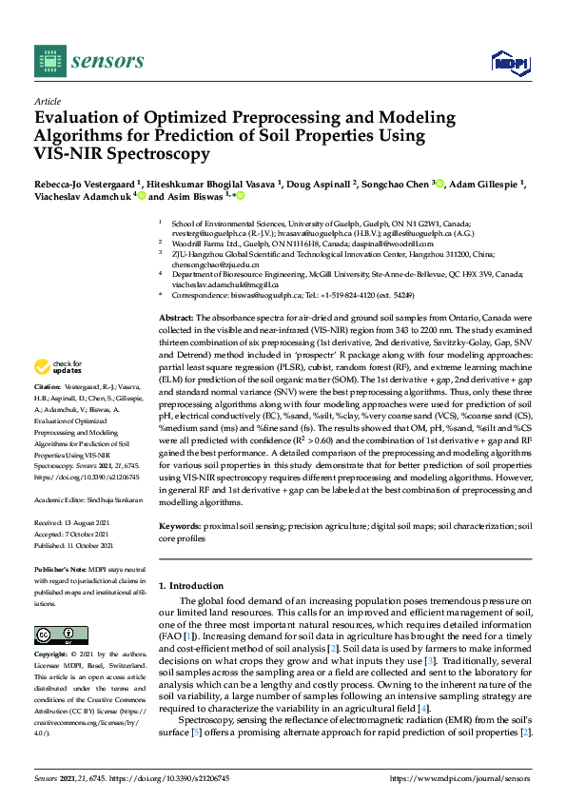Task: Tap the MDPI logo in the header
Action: coord(507,63)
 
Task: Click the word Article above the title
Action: coord(47,101)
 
